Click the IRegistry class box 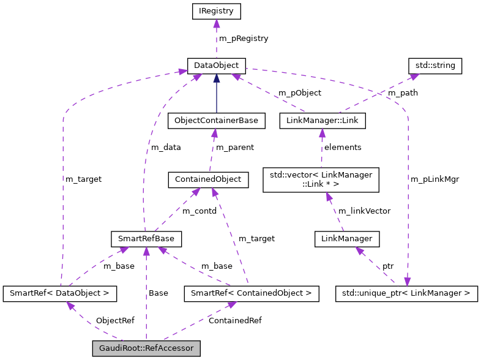click(216, 11)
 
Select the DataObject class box click(216, 65)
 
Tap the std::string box click(435, 65)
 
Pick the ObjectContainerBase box click(216, 121)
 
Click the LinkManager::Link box click(322, 121)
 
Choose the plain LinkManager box click(346, 237)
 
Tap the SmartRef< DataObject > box click(59, 294)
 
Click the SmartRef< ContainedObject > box click(251, 294)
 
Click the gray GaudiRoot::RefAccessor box click(146, 349)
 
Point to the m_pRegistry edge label click(244, 38)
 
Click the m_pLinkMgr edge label click(434, 179)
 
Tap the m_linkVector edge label click(364, 211)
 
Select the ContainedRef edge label click(232, 320)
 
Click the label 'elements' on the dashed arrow click(343, 147)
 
